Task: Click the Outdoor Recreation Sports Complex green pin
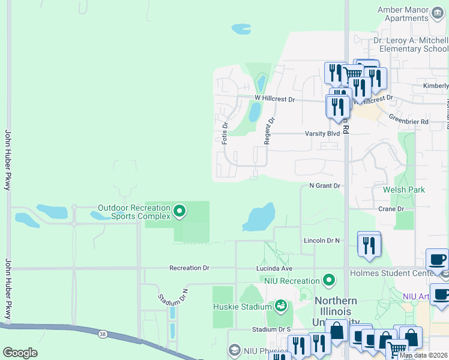click(x=179, y=211)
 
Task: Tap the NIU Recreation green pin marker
click(x=328, y=280)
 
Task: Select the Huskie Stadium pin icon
click(x=280, y=307)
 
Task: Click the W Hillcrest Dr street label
click(x=275, y=98)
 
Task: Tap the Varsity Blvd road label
click(x=322, y=133)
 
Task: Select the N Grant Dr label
click(x=325, y=186)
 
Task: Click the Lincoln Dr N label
click(x=322, y=240)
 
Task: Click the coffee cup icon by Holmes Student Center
click(x=437, y=260)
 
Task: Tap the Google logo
click(x=20, y=353)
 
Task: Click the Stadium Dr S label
click(x=271, y=329)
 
